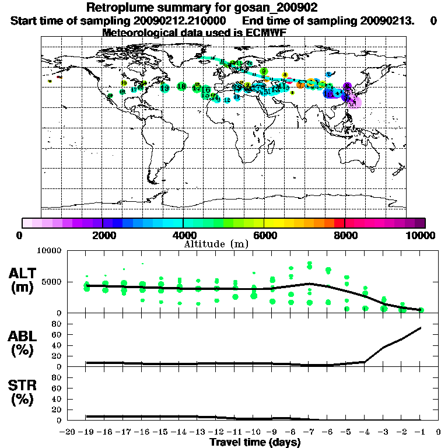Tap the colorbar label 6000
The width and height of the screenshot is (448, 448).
(264, 236)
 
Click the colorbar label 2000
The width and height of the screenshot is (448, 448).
(102, 236)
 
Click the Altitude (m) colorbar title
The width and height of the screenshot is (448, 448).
(216, 244)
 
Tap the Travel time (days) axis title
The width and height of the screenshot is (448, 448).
(255, 442)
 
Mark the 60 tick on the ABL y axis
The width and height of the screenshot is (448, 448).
(56, 334)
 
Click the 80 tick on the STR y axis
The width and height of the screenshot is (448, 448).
(56, 377)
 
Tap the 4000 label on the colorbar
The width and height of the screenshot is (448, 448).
(183, 236)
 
